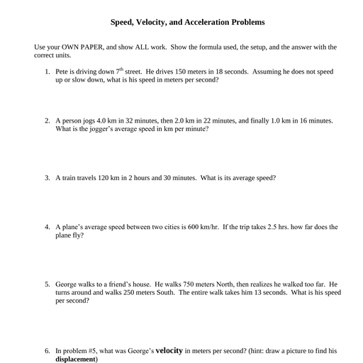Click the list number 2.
[x=47, y=121]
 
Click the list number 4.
[x=47, y=228]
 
